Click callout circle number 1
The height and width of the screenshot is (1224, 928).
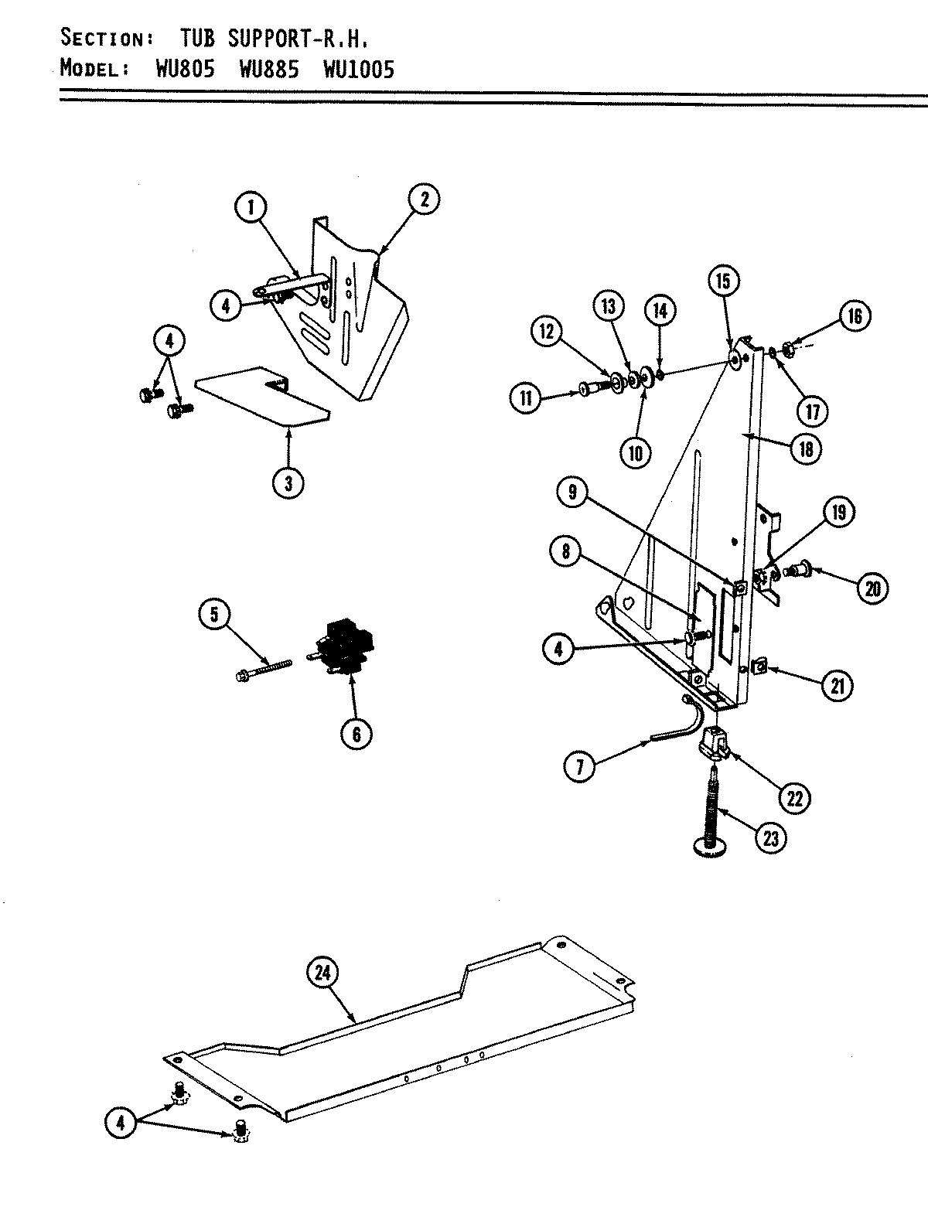click(250, 207)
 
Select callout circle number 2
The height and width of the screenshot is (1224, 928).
click(424, 199)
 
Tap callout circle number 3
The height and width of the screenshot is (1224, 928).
click(288, 484)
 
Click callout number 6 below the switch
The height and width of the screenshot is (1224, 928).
click(356, 734)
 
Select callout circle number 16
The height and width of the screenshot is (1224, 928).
click(855, 315)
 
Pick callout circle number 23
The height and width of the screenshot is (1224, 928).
click(769, 837)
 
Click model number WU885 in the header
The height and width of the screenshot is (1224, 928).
click(268, 70)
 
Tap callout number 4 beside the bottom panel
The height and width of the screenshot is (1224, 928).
click(120, 1123)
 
